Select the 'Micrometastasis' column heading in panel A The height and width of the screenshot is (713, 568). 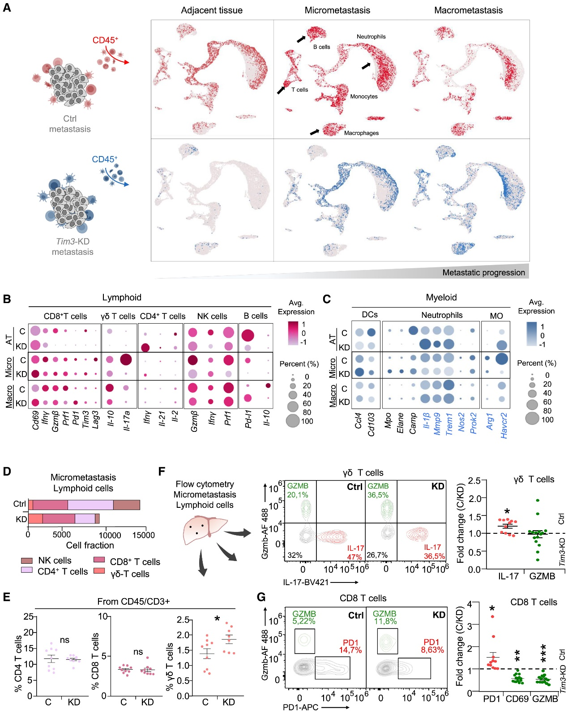[337, 10]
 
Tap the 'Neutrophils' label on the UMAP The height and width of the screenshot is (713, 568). [371, 37]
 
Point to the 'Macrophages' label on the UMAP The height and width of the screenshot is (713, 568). [361, 133]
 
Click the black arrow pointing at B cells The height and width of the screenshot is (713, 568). [302, 39]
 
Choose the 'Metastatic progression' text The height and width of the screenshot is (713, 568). [483, 272]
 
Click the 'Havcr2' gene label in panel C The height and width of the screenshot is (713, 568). [504, 425]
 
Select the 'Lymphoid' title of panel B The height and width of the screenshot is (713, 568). [122, 298]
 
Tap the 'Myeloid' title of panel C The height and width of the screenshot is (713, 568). [441, 298]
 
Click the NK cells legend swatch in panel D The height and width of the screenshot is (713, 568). [27, 561]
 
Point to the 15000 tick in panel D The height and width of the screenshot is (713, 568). [144, 535]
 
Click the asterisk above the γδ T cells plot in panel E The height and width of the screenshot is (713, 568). [217, 619]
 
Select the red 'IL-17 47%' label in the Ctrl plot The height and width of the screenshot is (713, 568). [355, 552]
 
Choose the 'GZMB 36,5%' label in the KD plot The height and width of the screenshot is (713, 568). [378, 490]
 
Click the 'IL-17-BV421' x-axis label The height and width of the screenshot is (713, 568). [306, 582]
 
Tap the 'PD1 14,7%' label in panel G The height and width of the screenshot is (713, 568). [350, 646]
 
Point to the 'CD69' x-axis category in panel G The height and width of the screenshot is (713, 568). [517, 699]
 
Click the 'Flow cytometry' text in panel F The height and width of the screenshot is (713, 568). [205, 484]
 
